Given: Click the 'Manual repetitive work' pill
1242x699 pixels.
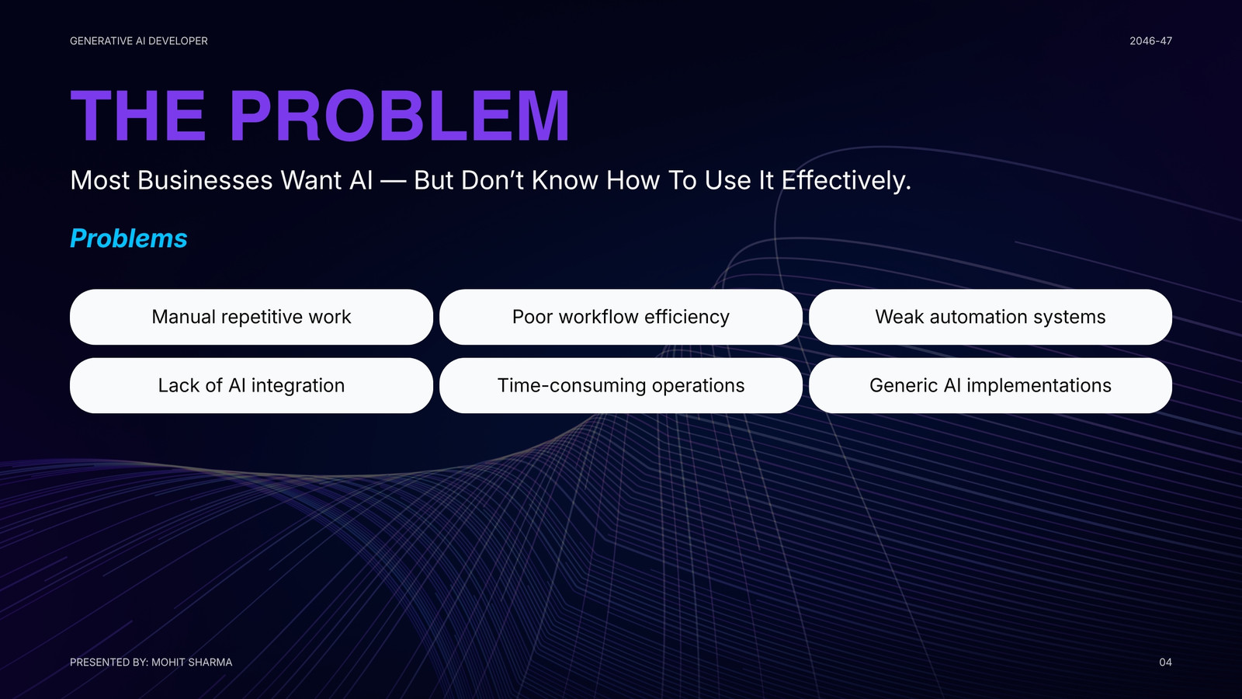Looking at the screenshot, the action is pos(252,317).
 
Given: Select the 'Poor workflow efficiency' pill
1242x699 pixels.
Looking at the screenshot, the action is pos(620,317).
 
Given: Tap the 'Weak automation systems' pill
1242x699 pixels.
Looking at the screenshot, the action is pos(990,317).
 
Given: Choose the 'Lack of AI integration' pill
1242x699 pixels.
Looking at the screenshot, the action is pos(252,385).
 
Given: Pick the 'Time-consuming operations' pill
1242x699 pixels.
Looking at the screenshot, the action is pos(620,385).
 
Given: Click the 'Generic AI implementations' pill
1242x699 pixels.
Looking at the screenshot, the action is pos(990,385).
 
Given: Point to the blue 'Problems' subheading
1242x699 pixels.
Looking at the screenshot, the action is pos(129,238).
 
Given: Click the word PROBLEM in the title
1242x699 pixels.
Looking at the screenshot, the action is pos(399,116).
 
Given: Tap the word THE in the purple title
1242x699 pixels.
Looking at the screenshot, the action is pos(138,116).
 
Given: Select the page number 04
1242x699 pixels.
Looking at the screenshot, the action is pos(1165,662).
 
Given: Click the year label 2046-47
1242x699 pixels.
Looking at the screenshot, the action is pos(1151,41).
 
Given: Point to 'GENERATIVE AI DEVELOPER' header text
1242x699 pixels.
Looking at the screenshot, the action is pos(139,41).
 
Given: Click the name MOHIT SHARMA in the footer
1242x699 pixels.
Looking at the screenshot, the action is pos(192,662).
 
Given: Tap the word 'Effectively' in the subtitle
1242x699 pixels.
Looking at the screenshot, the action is pos(845,180).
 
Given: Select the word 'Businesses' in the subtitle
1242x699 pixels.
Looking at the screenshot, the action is pos(205,180).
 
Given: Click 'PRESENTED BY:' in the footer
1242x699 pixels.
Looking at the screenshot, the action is pos(109,662).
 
